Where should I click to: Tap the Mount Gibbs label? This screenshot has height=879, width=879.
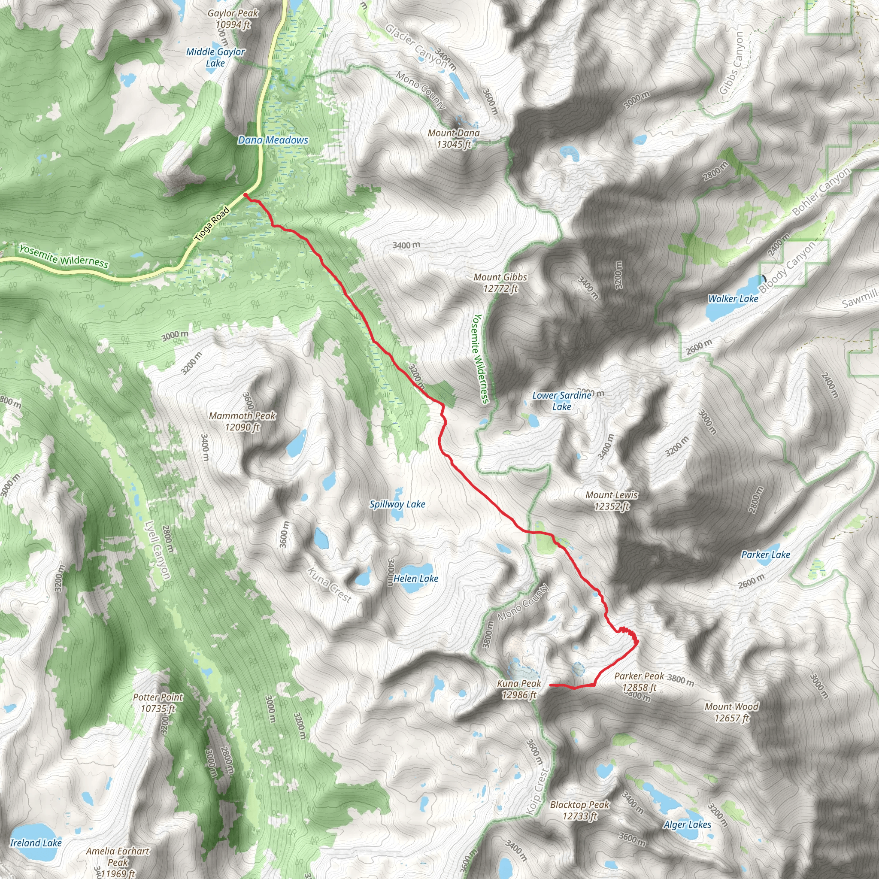(x=500, y=282)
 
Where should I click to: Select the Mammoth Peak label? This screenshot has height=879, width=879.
(x=242, y=421)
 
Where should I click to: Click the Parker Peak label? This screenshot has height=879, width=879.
(x=639, y=682)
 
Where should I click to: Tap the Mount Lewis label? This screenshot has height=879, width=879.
(x=612, y=500)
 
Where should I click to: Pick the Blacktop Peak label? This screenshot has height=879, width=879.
(x=579, y=810)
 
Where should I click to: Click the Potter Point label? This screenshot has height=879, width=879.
(x=158, y=703)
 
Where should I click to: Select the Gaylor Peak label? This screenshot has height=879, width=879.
(x=233, y=18)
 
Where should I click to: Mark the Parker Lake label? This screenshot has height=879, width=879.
(x=766, y=555)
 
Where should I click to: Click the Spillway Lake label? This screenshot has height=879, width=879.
(x=397, y=504)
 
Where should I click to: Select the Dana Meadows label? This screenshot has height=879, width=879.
(x=273, y=140)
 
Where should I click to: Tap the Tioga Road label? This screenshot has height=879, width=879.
(x=212, y=224)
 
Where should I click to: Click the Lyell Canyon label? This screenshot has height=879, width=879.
(x=158, y=550)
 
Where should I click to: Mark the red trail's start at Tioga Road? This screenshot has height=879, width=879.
(x=246, y=195)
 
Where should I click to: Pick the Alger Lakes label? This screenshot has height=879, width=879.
(x=687, y=825)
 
